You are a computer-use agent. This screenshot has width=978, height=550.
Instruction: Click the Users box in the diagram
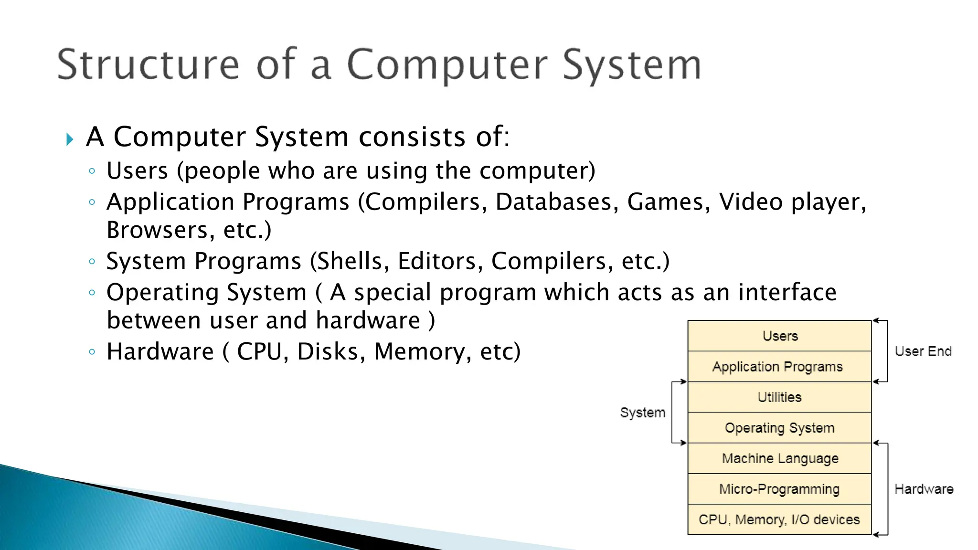[779, 336]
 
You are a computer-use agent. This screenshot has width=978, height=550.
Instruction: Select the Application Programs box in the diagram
[779, 367]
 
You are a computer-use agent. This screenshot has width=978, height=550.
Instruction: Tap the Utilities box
[779, 397]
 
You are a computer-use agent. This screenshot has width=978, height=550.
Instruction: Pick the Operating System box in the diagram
[779, 428]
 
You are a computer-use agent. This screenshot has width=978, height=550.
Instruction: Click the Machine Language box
[779, 458]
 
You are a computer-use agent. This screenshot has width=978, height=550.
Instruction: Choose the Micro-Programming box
[779, 489]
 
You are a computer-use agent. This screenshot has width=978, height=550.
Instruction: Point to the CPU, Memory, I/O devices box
[779, 519]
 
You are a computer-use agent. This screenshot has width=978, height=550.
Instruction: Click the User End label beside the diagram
[923, 351]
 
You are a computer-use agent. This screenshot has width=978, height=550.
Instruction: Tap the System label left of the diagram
[642, 412]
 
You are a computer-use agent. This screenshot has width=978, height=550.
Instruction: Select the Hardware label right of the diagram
[924, 489]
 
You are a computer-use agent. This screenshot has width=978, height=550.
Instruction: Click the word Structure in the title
[148, 64]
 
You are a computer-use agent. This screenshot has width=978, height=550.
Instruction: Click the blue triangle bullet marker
[70, 139]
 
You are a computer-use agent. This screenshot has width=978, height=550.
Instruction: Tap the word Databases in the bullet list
[553, 202]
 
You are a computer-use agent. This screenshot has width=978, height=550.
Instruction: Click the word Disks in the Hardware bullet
[327, 352]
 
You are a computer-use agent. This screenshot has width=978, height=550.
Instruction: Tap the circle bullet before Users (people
[92, 171]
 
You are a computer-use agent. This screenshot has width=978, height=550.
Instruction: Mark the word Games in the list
[665, 202]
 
